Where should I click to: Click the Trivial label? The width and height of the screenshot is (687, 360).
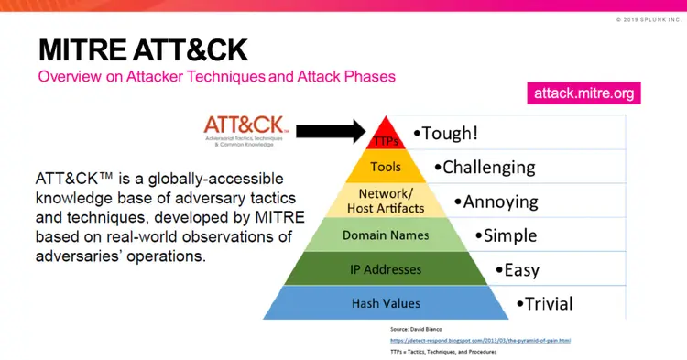tap(544, 303)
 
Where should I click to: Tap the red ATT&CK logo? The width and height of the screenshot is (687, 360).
tap(246, 125)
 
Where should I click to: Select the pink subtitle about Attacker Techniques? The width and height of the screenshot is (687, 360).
tap(216, 77)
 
